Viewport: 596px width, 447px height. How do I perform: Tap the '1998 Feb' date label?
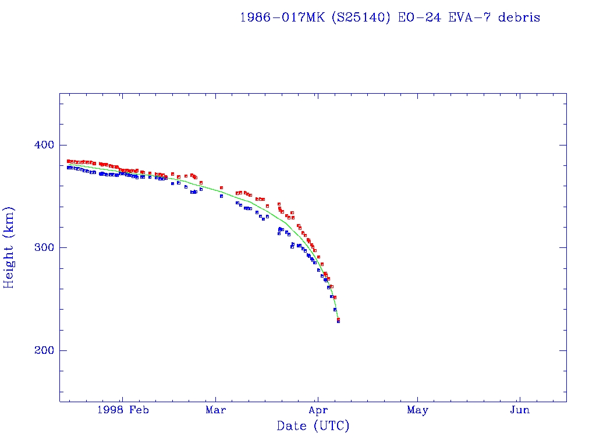tap(123, 410)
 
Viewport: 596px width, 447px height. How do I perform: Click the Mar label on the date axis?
tap(216, 410)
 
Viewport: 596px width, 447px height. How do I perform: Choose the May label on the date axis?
tap(418, 410)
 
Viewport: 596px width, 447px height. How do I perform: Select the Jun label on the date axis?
tap(519, 410)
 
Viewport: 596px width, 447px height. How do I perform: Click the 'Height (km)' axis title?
tap(9, 247)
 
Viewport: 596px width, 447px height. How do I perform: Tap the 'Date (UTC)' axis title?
tap(313, 426)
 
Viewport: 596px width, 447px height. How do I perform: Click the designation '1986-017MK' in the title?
tap(283, 17)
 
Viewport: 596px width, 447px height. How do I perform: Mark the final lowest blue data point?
tap(338, 321)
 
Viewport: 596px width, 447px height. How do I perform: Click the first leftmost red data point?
tap(68, 161)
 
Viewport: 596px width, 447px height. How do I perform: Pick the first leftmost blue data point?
tap(68, 168)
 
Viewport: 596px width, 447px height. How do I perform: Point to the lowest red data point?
tap(338, 319)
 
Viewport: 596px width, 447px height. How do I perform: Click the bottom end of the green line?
tap(338, 319)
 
